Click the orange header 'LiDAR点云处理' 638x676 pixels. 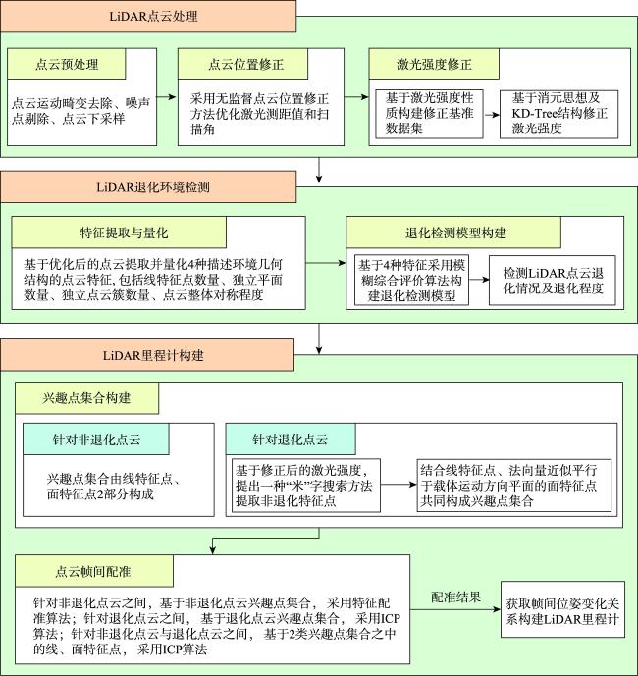click(x=147, y=17)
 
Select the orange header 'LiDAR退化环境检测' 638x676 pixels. click(x=147, y=185)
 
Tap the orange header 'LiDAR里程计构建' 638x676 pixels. click(x=147, y=354)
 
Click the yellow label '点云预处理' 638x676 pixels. click(x=68, y=65)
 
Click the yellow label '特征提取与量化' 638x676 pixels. click(x=119, y=233)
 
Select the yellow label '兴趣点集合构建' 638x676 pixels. click(x=86, y=400)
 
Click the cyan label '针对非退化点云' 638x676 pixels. click(x=96, y=438)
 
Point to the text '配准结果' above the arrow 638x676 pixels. click(x=455, y=597)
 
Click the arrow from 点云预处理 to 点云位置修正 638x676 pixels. click(x=167, y=97)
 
